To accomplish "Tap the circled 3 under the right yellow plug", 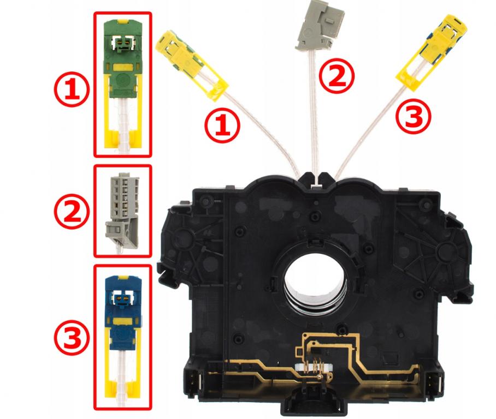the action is tap(414, 115).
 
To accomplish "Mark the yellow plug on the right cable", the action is tap(432, 52).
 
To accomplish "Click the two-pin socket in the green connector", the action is tap(122, 43).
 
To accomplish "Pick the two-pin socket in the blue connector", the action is tap(122, 300).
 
